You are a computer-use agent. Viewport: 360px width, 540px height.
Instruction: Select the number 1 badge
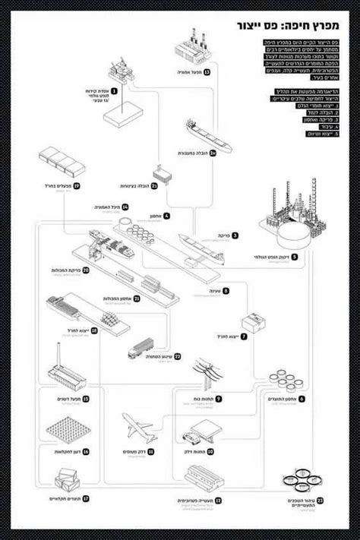[115, 90]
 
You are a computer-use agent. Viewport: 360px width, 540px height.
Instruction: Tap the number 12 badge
[218, 501]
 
